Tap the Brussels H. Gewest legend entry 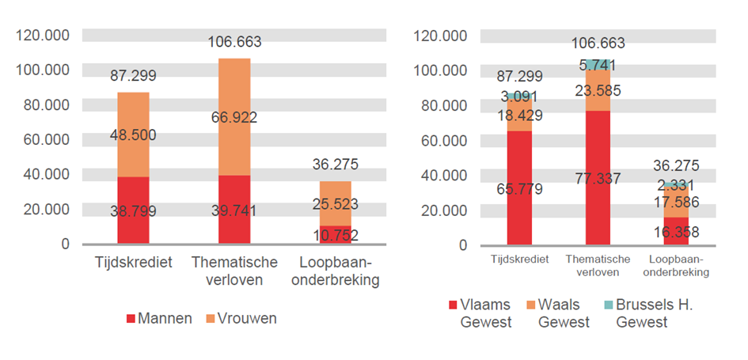click(654, 313)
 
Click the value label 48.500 click(133, 135)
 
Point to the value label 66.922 click(234, 118)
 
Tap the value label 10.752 click(335, 235)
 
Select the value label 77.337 click(598, 178)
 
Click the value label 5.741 click(598, 65)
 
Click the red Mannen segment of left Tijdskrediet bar click(133, 225)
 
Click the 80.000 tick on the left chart click(48, 104)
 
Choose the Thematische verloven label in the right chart click(598, 265)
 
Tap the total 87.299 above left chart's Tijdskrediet click(133, 76)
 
